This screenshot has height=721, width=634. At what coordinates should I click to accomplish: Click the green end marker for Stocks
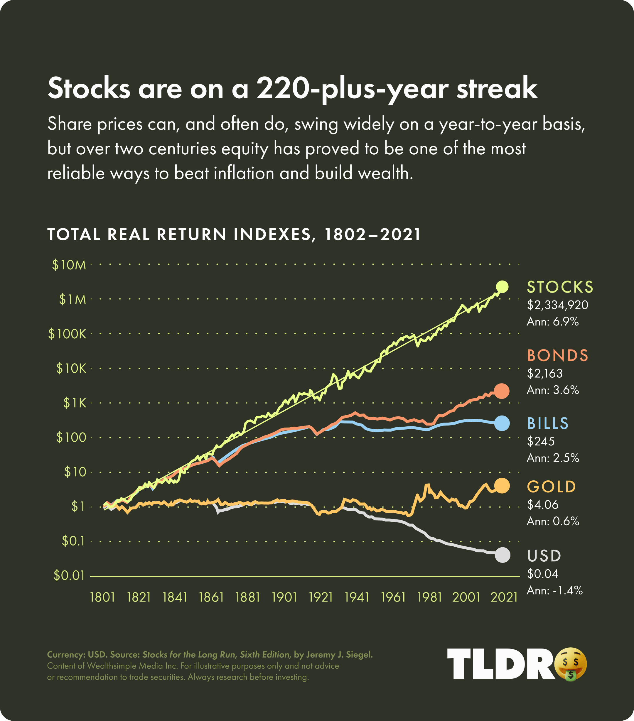502,287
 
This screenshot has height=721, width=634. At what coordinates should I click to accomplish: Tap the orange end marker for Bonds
502,391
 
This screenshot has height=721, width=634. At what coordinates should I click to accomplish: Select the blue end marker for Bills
502,423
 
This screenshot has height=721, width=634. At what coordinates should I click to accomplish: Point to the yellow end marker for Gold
502,486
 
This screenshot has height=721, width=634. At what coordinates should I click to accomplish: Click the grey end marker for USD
502,555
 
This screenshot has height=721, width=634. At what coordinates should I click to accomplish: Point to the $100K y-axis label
68,334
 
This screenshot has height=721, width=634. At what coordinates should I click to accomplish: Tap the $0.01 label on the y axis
69,576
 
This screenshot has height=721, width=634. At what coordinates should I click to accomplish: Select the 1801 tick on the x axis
103,597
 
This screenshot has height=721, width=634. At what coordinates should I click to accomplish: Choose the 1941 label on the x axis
357,597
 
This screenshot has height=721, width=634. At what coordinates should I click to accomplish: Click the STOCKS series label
560,287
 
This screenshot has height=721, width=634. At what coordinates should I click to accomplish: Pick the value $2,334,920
557,305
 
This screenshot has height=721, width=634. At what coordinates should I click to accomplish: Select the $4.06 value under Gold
543,505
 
